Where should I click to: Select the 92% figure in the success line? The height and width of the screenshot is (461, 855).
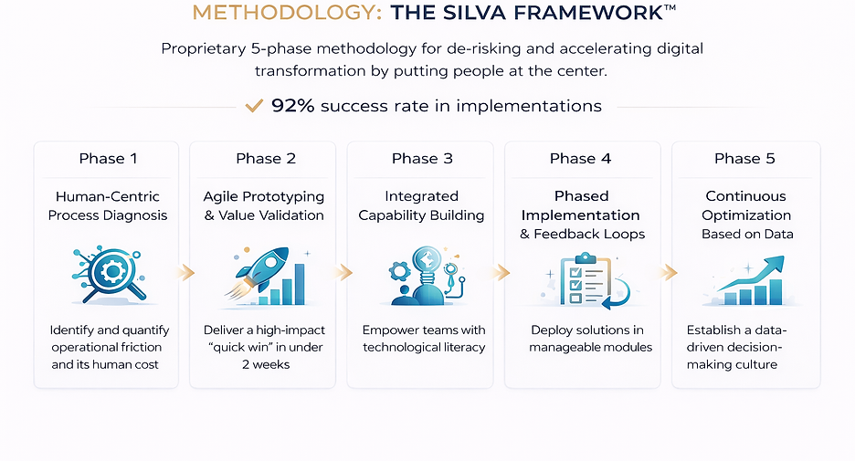[292, 106]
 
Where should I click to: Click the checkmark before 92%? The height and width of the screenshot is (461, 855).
[255, 106]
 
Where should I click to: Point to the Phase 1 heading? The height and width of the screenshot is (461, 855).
[108, 159]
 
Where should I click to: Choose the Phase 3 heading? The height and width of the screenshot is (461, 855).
[422, 159]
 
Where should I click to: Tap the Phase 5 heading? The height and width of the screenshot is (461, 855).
[744, 159]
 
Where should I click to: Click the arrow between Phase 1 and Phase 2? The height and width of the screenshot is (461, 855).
[186, 271]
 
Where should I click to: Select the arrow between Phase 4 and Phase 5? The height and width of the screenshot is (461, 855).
[669, 271]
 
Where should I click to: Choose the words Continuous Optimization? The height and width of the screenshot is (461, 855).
[746, 205]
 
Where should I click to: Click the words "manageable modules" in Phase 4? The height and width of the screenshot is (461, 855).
[591, 347]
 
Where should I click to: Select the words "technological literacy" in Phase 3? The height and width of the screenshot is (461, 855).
[424, 347]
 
